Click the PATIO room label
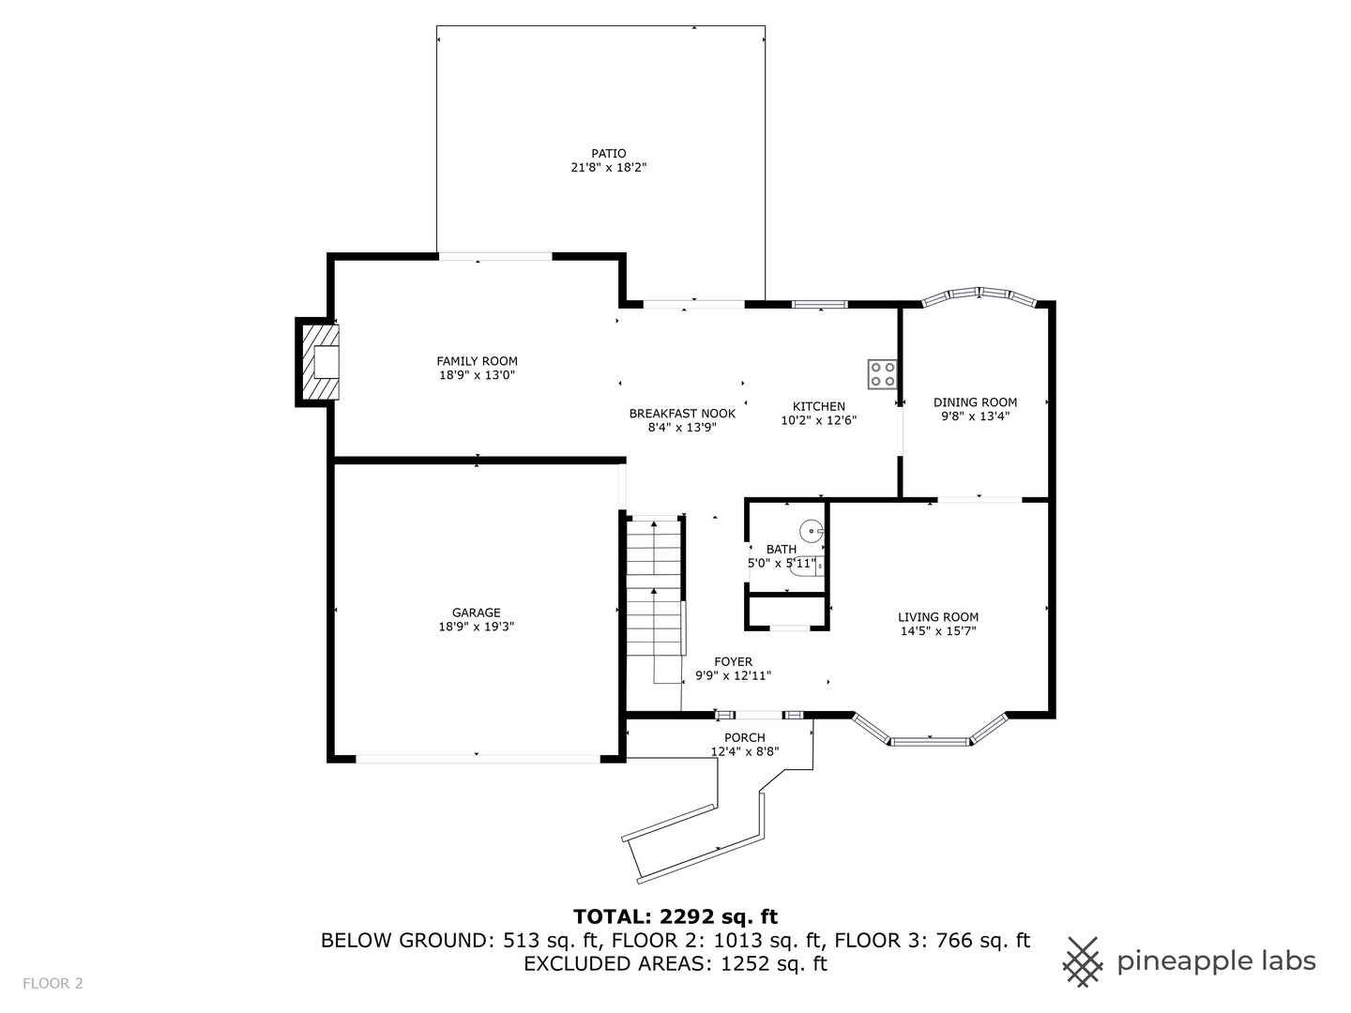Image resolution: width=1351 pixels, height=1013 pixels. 609,153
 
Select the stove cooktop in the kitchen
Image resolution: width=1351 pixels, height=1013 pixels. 882,374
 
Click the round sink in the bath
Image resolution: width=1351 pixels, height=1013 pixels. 812,530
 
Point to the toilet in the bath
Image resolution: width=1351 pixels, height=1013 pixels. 806,566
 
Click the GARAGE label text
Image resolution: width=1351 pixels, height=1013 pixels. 477,612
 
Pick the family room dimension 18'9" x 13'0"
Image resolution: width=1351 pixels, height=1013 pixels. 477,375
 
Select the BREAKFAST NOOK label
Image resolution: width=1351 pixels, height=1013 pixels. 682,414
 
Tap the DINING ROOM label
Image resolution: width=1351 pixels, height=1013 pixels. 975,402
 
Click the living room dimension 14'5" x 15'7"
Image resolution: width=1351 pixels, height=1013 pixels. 938,631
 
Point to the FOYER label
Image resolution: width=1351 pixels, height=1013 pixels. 733,662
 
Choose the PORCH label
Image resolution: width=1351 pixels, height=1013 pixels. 745,737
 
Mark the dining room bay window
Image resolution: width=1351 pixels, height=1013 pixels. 979,295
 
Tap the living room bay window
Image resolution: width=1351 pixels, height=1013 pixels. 930,731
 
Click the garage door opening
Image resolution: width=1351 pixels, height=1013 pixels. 478,759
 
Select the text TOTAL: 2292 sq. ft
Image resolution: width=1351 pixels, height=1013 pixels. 675,916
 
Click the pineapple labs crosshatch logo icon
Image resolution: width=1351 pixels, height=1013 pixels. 1084,962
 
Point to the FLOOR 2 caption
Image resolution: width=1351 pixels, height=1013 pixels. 53,984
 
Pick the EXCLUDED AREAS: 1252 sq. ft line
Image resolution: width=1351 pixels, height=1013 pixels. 675,963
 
